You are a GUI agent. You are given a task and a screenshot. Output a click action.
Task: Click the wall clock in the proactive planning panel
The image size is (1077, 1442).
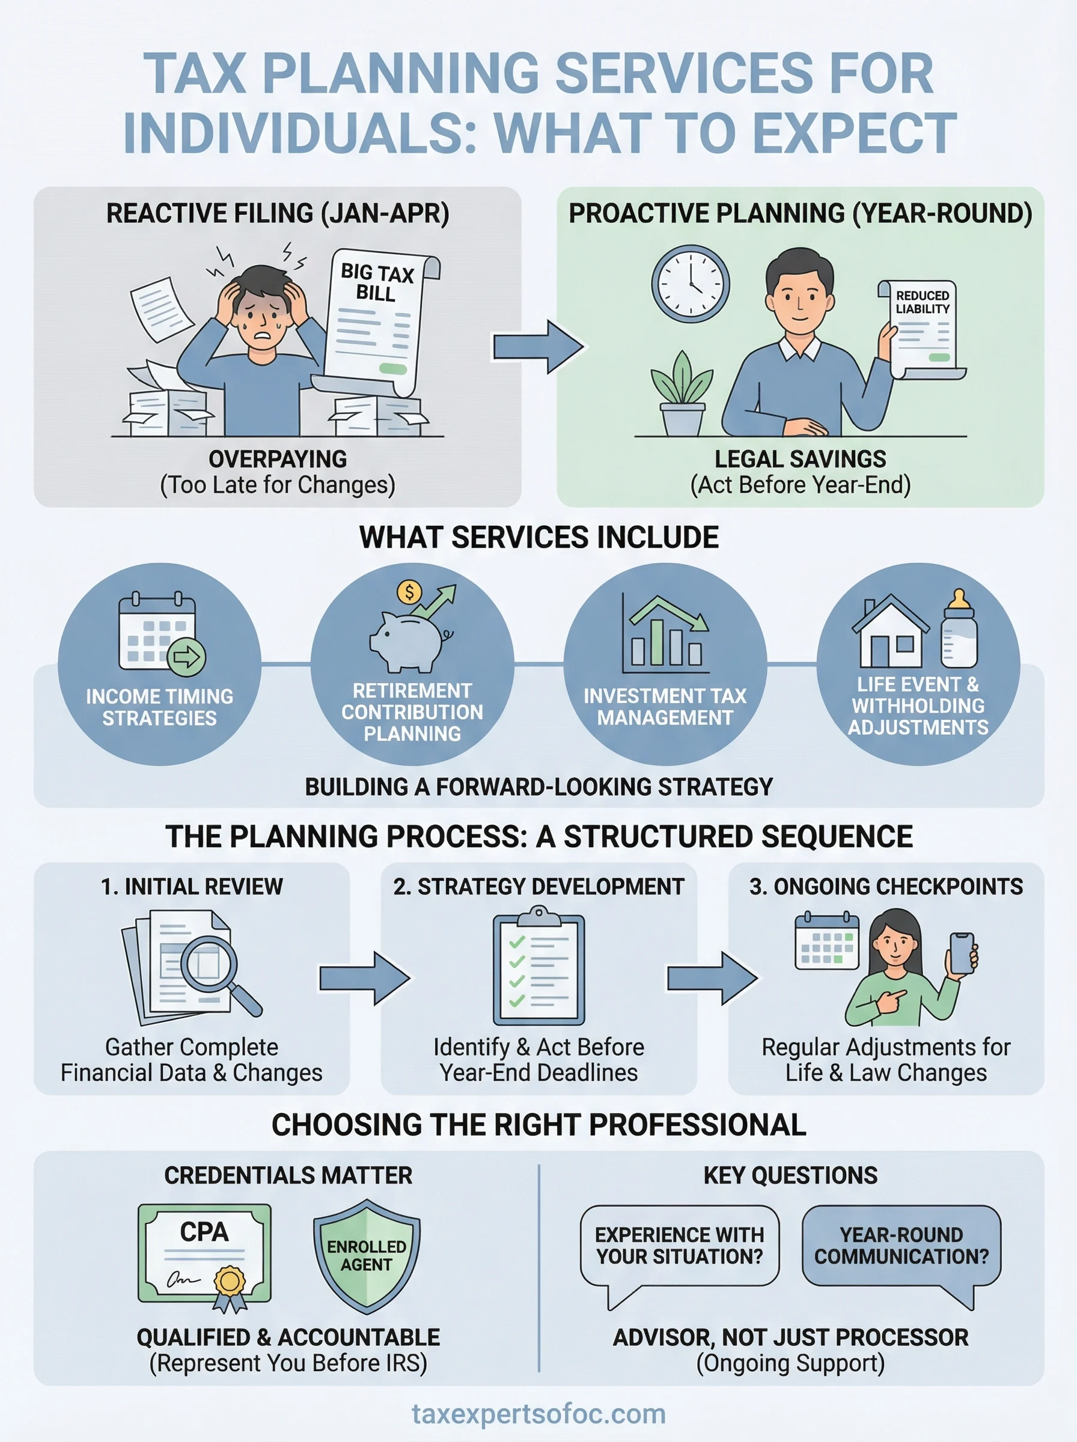point(691,284)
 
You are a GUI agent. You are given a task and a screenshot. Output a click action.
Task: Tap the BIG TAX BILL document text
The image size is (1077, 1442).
point(377,282)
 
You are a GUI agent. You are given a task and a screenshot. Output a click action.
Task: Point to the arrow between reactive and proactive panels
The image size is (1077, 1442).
point(537,347)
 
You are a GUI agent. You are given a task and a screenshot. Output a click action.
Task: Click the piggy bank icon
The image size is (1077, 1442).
point(409,642)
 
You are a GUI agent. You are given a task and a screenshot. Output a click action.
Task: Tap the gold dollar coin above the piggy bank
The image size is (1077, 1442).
point(409,592)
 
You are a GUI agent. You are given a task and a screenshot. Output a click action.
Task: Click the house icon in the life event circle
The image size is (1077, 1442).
point(891,632)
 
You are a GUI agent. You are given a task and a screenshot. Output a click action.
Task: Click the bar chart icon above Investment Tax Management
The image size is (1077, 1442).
point(665,635)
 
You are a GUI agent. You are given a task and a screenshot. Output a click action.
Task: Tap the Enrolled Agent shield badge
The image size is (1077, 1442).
point(367,1256)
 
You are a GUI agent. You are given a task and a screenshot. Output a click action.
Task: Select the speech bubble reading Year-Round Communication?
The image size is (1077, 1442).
point(901,1246)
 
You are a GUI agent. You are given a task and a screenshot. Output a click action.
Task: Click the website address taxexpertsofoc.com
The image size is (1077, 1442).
point(538,1414)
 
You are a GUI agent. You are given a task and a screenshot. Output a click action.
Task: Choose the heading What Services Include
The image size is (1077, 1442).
point(538,538)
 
